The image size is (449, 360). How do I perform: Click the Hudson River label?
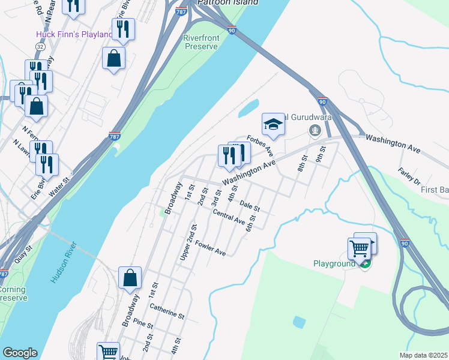tap(62, 262)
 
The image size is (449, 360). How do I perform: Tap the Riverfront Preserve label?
tap(200, 42)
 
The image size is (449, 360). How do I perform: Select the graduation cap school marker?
tap(272, 124)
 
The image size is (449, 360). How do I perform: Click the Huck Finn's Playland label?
tap(74, 34)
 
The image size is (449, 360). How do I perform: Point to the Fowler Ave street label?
tap(210, 248)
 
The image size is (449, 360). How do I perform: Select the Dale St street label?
tap(249, 206)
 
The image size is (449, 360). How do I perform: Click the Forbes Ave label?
tap(261, 146)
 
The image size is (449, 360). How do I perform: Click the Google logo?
tap(20, 353)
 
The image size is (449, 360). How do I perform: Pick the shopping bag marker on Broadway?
tap(130, 278)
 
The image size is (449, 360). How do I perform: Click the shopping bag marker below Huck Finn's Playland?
tap(113, 59)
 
